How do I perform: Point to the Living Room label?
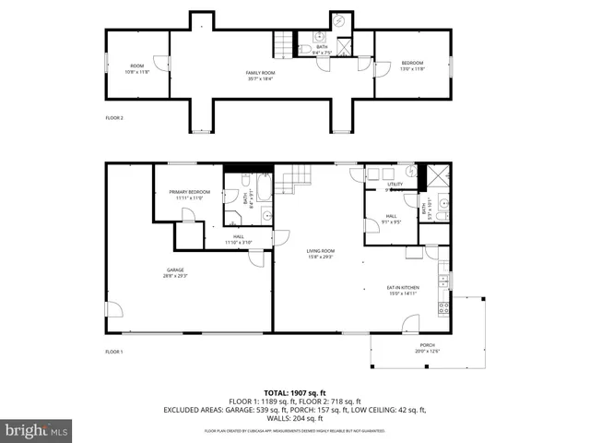[x=321, y=253]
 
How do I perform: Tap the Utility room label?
[x=395, y=185]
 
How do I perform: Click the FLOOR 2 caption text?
[x=114, y=118]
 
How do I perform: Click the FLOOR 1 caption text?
[x=114, y=352]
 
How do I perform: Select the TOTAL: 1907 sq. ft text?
[x=295, y=392]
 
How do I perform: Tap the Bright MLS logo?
[x=37, y=430]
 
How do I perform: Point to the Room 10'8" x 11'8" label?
[x=136, y=68]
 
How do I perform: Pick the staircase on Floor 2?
[x=282, y=42]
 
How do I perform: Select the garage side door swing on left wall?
[x=112, y=312]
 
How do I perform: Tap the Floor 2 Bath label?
[x=321, y=49]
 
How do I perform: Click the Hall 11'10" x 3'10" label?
[x=239, y=240]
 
